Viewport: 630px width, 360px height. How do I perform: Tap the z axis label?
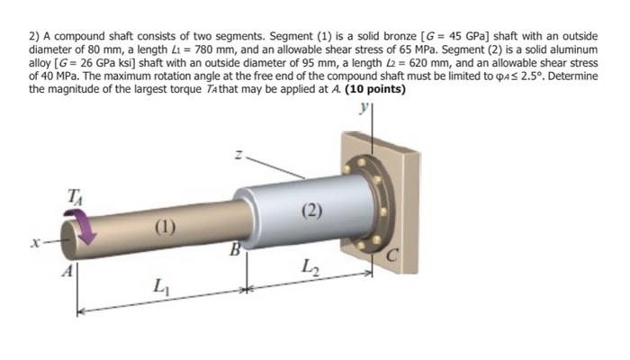pyautogui.click(x=238, y=156)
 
